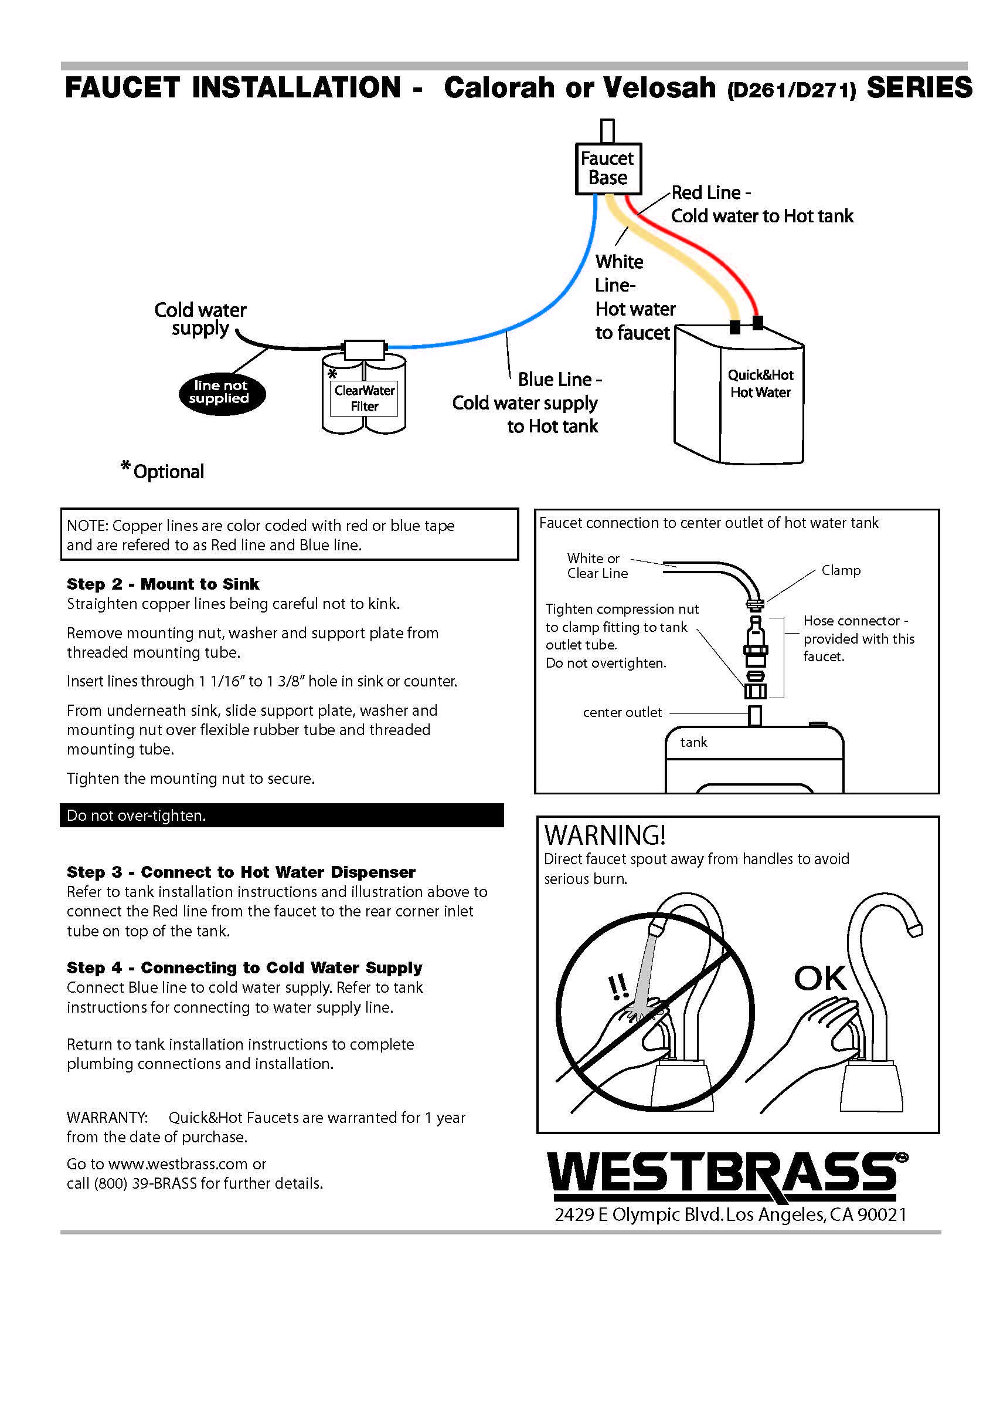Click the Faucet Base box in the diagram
tap(607, 168)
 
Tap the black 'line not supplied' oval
tap(222, 393)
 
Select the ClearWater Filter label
tap(364, 398)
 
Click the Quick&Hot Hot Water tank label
tap(760, 383)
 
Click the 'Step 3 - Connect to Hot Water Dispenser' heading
tap(240, 872)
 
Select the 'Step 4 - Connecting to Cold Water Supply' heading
tap(244, 967)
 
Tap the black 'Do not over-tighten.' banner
tap(281, 816)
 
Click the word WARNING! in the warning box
tap(604, 835)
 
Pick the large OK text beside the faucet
tap(819, 979)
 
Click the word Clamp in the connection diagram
tap(841, 570)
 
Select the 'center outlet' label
tap(622, 712)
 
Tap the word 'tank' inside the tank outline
tap(693, 742)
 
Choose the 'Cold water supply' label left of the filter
tap(200, 319)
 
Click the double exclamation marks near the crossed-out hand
tap(618, 986)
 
